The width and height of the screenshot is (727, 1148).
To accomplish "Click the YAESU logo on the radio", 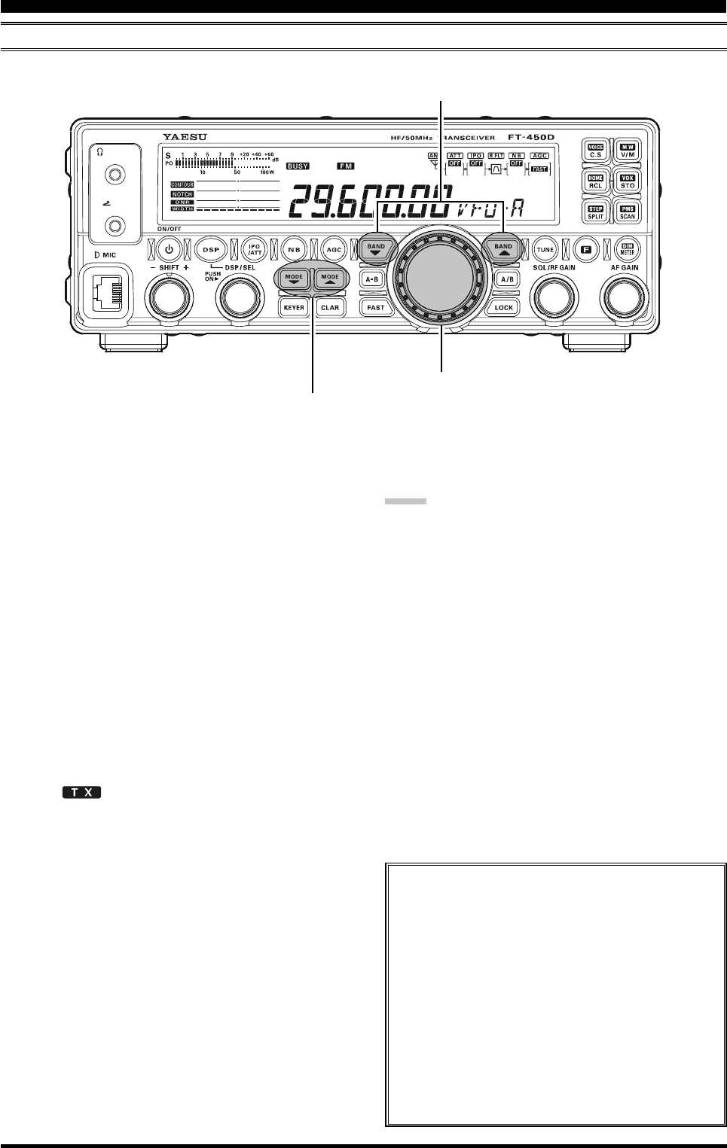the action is click(x=185, y=137).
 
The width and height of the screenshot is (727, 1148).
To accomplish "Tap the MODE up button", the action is click(x=330, y=279).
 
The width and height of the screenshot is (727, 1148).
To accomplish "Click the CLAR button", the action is click(x=329, y=307).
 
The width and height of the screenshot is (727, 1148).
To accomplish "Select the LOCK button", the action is click(x=503, y=307).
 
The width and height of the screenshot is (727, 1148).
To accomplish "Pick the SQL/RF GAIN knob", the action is click(x=554, y=299).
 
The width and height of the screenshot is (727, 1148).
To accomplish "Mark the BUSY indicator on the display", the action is click(x=298, y=166).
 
